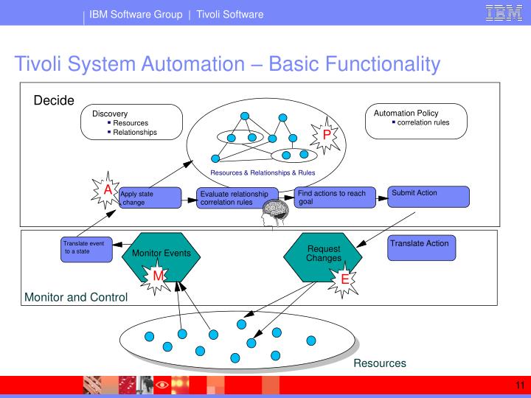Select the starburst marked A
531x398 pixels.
coord(107,190)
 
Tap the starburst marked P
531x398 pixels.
coord(326,134)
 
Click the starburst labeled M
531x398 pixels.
coord(158,276)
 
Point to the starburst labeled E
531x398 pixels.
coord(344,279)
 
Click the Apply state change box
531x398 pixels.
coord(150,198)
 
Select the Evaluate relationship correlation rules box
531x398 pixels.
coord(237,198)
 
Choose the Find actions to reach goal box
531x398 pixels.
coord(332,197)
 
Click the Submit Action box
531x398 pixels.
coord(428,196)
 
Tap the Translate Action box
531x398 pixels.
coord(428,248)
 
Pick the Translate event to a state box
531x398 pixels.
coord(87,249)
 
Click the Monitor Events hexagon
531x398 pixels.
coord(162,254)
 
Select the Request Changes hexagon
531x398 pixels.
coord(324,254)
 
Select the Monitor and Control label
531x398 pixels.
coord(76,298)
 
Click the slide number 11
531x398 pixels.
coord(519,385)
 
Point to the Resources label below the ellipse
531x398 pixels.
coord(379,363)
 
